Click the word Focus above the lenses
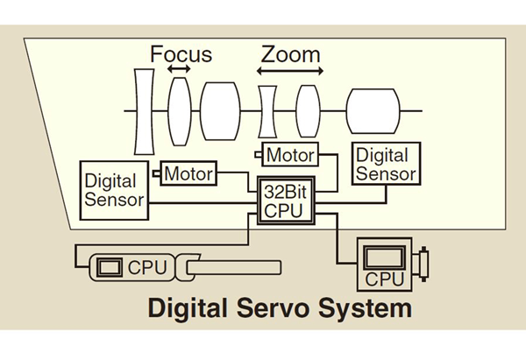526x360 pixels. [x=181, y=54]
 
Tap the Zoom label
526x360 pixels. [x=290, y=54]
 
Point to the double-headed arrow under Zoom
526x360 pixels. [x=290, y=69]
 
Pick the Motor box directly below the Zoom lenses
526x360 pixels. [x=290, y=155]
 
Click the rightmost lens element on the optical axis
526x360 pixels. [x=373, y=109]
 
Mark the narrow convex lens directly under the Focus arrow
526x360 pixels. [x=180, y=109]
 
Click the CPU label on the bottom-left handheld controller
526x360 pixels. [x=146, y=265]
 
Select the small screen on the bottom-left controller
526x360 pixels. [x=110, y=265]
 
